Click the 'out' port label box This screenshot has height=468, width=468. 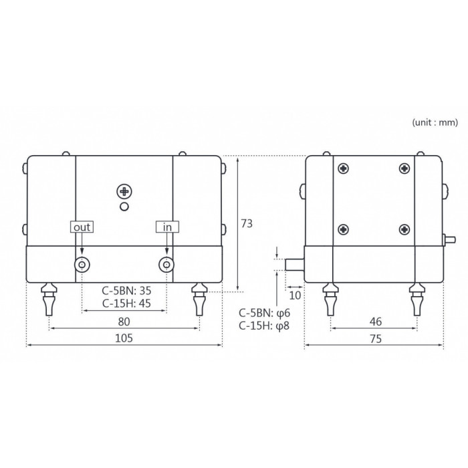82,227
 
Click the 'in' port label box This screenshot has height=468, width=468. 167,227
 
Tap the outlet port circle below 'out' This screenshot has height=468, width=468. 82,265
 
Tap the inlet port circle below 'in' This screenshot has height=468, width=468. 166,265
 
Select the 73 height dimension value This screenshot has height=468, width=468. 247,223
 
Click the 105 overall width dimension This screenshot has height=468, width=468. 124,338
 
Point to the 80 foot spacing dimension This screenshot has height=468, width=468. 124,322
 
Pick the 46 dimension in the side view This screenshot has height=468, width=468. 376,322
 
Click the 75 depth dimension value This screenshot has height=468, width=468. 376,339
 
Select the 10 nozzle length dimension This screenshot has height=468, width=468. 295,296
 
